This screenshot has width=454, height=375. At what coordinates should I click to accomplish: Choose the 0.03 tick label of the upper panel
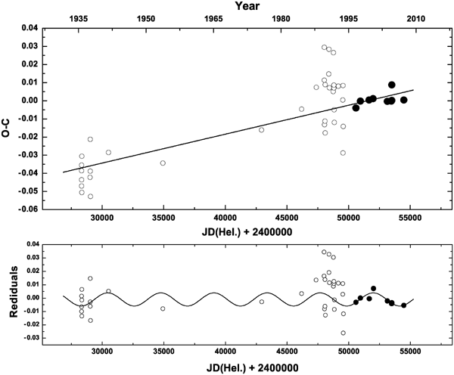[31, 46]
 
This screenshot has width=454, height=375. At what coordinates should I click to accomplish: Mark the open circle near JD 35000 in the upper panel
[163, 163]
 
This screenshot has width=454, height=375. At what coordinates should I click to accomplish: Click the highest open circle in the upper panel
[325, 48]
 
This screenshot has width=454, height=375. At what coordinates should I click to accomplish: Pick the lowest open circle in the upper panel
[91, 197]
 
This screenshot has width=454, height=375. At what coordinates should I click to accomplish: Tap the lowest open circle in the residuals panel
[343, 333]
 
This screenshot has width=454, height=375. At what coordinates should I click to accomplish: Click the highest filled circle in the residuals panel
[374, 288]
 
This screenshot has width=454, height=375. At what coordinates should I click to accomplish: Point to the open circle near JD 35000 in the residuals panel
[163, 308]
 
